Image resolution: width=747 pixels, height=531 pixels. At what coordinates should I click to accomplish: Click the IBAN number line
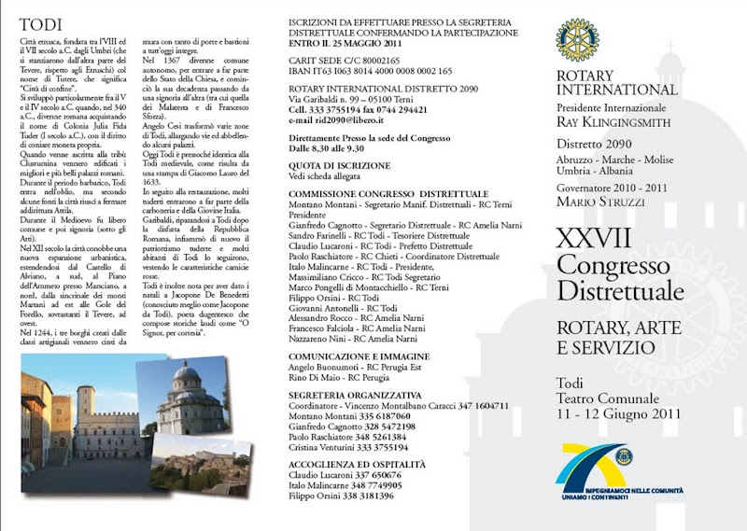pyautogui.click(x=371, y=71)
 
